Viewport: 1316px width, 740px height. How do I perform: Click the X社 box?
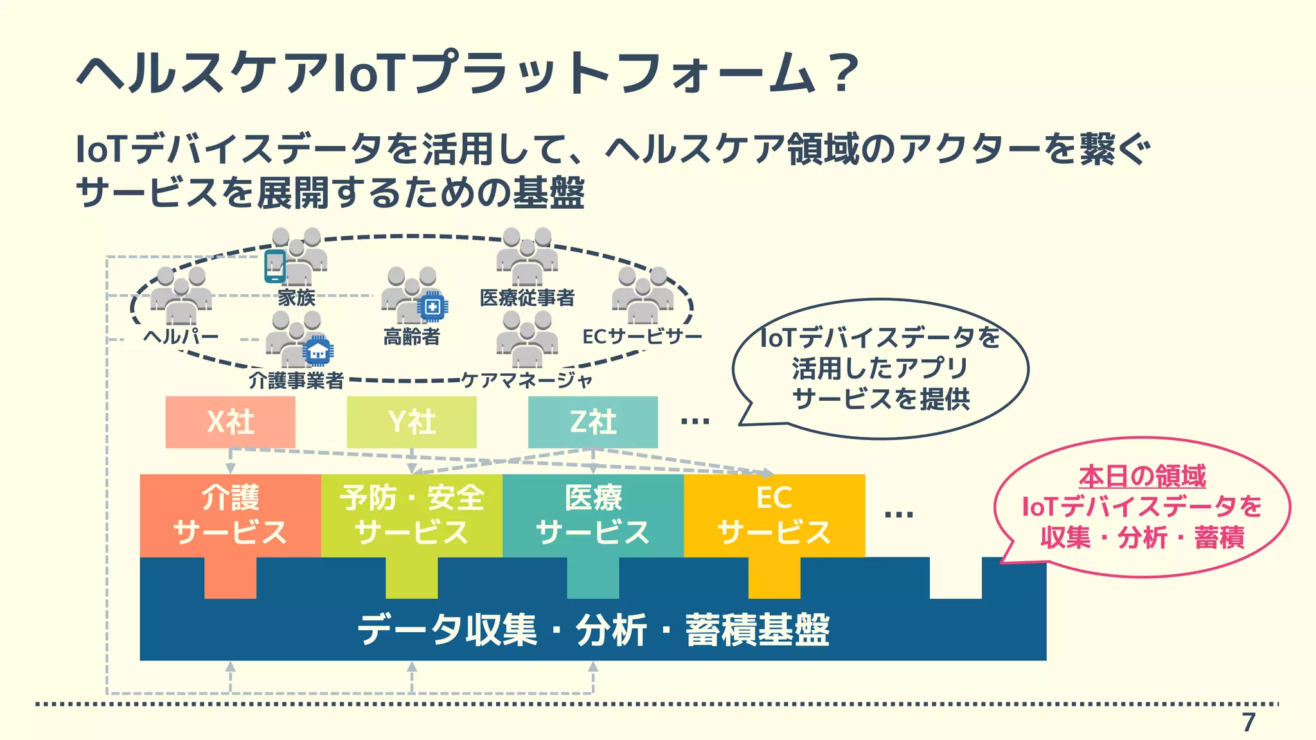pos(230,422)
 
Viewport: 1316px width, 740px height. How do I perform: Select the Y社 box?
pos(411,422)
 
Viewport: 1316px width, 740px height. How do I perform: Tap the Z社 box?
pos(592,422)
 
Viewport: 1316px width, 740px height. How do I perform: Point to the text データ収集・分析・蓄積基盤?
pos(592,630)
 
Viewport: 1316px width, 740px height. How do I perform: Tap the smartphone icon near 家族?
pos(275,266)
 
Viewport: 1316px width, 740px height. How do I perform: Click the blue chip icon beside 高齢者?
pos(432,307)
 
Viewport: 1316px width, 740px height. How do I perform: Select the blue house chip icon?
pos(317,351)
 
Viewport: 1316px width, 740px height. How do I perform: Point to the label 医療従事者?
pos(527,297)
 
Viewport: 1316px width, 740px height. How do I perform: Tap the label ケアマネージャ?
pos(527,380)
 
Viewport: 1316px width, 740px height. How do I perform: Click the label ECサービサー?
pos(642,336)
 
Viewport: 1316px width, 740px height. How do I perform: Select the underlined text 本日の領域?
pos(1142,476)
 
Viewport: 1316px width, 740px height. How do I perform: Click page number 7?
pos(1248,723)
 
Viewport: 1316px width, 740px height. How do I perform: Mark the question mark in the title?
pos(842,73)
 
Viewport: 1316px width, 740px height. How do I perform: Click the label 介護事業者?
pos(296,380)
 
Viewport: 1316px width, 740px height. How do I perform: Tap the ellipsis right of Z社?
pos(695,422)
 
